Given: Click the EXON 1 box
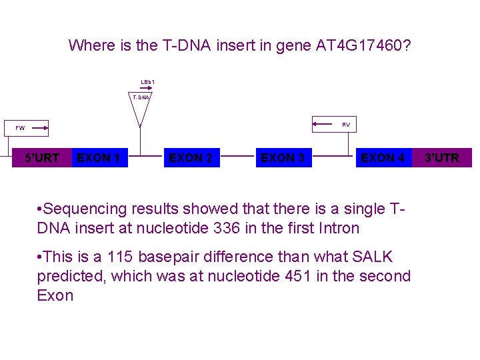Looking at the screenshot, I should (x=99, y=158).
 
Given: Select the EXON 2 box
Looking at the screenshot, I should (x=191, y=158).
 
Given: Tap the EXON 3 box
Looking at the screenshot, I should (x=283, y=158).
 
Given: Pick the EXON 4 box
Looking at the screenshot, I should (x=383, y=158).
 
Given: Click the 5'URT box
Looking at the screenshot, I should (x=42, y=158).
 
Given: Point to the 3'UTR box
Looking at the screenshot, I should (x=443, y=158).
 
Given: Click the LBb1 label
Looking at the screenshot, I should (x=147, y=82).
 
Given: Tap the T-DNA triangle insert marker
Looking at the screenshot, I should (x=140, y=110).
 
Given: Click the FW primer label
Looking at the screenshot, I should (x=20, y=127).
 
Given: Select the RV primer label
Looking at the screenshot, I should (x=346, y=125).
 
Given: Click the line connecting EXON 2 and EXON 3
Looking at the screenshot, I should (x=236, y=158).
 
